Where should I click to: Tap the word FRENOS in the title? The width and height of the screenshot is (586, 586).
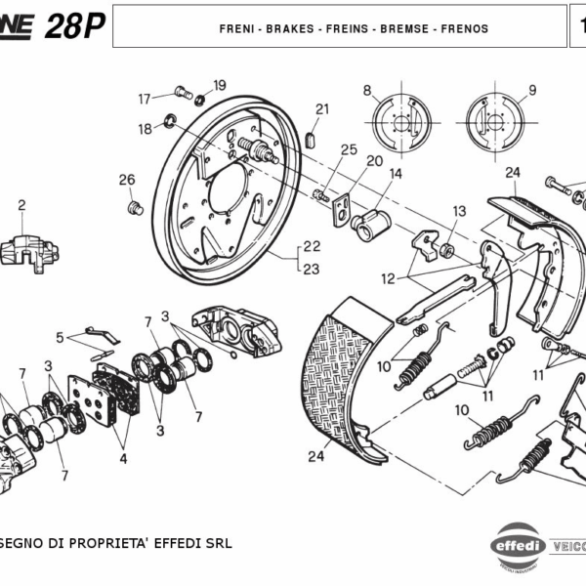[x=464, y=29]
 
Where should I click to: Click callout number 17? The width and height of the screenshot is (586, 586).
[x=145, y=98]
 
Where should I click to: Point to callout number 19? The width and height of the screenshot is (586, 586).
[x=220, y=85]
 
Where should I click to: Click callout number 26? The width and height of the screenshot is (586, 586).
[x=126, y=180]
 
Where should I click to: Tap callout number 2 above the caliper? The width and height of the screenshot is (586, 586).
[x=21, y=205]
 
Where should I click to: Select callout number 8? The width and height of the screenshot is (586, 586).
[x=367, y=92]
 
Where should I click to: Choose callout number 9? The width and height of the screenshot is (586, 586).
[x=532, y=92]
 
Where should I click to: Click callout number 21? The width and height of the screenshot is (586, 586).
[x=322, y=109]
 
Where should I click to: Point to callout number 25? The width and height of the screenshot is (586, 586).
[x=349, y=149]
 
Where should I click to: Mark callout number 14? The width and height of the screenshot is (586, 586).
[x=396, y=174]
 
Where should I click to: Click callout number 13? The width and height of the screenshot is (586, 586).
[x=459, y=211]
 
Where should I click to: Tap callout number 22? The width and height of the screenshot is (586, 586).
[x=312, y=246]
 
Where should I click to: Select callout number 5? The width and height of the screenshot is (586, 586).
[x=60, y=338]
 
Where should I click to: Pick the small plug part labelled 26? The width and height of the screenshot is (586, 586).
[x=137, y=207]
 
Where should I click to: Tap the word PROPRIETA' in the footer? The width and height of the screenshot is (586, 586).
[x=108, y=543]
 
